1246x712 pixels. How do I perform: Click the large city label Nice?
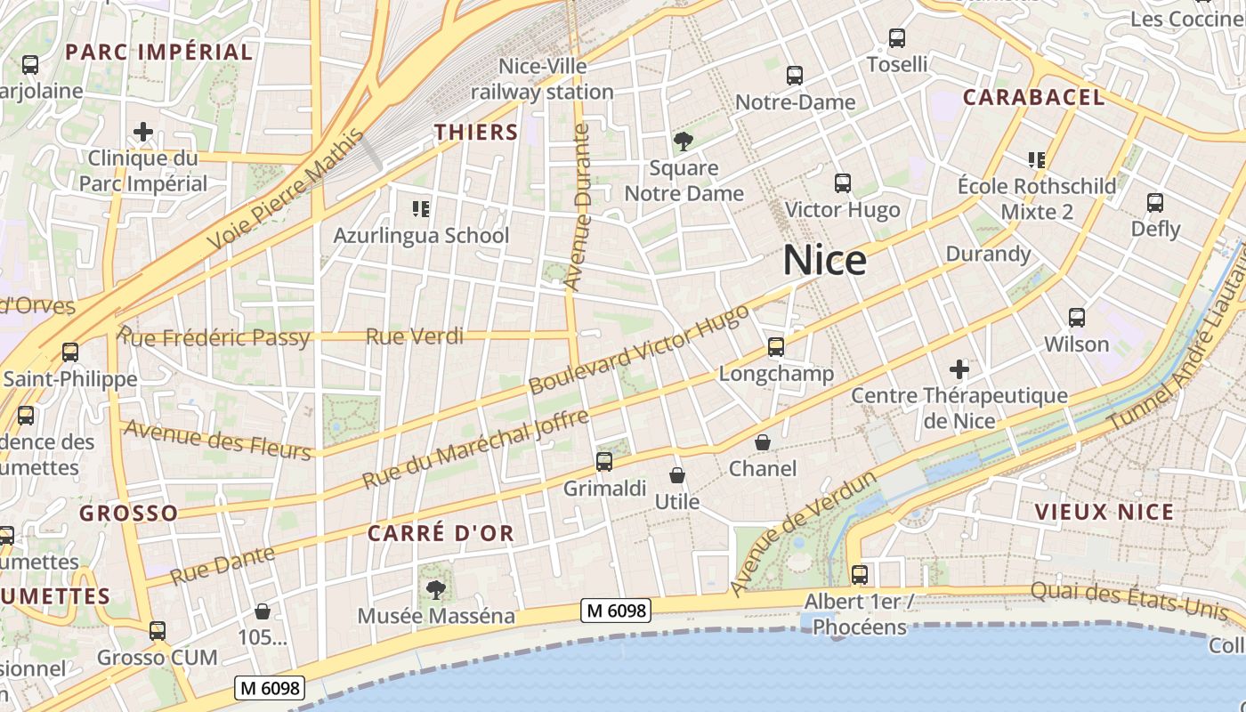[x=824, y=261]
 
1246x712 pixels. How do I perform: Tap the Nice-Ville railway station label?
[x=542, y=79]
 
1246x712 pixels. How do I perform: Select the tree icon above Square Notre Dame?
[x=684, y=141]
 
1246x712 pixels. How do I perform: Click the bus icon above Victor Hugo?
[x=842, y=183]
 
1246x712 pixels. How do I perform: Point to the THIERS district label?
[x=476, y=132]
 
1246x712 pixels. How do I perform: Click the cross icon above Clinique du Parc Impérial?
[x=143, y=133]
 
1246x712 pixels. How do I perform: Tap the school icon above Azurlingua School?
[x=421, y=209]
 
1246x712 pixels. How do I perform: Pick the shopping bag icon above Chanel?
[x=763, y=442]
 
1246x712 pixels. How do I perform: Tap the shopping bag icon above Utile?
[x=677, y=475]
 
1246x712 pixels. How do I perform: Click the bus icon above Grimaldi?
[x=604, y=462]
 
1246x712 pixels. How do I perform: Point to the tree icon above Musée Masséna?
[x=436, y=588]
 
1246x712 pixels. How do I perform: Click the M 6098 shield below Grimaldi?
[x=616, y=611]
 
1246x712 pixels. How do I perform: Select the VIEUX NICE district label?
[x=1104, y=512]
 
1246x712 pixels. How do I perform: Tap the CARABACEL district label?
[x=1033, y=97]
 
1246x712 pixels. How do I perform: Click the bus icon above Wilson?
[x=1076, y=318]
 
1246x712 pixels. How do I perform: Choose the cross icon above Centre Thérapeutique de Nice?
[x=959, y=368]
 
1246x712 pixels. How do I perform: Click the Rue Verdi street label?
[x=415, y=336]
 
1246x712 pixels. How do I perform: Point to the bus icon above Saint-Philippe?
[x=70, y=352]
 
